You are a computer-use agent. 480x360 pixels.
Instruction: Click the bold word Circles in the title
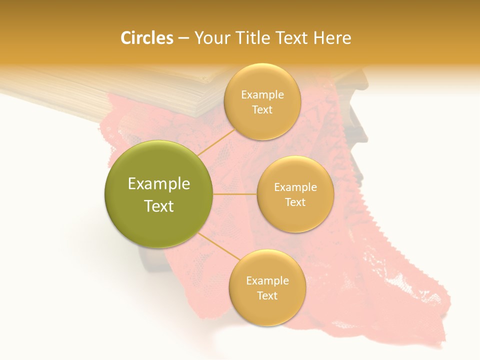[x=146, y=38]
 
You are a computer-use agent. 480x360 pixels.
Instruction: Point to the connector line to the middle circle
[x=234, y=194]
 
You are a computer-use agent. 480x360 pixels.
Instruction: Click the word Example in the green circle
[x=158, y=184]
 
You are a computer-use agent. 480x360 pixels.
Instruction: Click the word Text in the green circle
[x=158, y=206]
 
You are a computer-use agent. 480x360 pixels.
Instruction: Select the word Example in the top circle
[x=262, y=95]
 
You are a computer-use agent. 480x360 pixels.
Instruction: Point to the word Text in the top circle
[x=262, y=110]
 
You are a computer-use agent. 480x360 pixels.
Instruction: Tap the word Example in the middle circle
[x=295, y=187]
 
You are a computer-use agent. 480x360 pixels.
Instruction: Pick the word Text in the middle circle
[x=295, y=202]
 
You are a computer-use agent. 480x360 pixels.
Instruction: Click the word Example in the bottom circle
[x=267, y=281]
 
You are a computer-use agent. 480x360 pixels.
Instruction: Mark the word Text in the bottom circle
[x=267, y=296]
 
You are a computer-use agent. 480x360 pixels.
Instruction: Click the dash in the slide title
[x=183, y=38]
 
